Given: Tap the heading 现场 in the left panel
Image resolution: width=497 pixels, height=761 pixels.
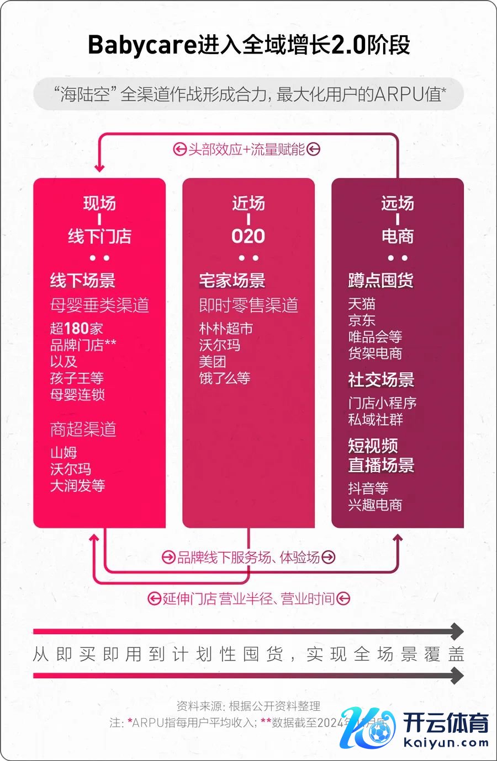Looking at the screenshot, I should pyautogui.click(x=99, y=203).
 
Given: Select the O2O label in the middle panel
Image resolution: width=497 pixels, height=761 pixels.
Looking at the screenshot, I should pyautogui.click(x=248, y=237).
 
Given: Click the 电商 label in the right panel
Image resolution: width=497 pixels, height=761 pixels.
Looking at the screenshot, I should pyautogui.click(x=398, y=237).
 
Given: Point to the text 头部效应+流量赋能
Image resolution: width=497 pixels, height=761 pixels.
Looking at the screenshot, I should pyautogui.click(x=246, y=149).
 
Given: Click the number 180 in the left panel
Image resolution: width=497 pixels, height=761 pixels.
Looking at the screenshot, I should pyautogui.click(x=77, y=329).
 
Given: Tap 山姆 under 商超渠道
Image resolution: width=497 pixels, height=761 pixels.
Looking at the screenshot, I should pyautogui.click(x=64, y=453).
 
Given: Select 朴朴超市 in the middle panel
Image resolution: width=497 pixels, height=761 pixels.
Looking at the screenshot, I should pyautogui.click(x=226, y=329).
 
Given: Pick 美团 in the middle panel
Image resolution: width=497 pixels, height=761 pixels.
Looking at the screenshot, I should pyautogui.click(x=213, y=362).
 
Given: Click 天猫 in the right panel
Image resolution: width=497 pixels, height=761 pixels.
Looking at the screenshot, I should pyautogui.click(x=362, y=304).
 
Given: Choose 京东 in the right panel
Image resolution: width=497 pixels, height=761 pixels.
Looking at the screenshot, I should pyautogui.click(x=362, y=320).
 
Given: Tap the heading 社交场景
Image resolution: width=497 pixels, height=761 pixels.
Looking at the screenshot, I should pyautogui.click(x=381, y=380).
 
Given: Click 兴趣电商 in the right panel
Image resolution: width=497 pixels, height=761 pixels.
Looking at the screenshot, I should pyautogui.click(x=375, y=505).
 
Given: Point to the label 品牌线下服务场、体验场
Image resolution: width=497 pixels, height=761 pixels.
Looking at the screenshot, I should pyautogui.click(x=248, y=558).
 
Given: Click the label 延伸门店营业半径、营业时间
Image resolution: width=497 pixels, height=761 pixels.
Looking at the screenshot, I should pyautogui.click(x=248, y=599).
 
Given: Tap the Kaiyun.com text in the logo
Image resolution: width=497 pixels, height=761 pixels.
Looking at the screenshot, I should pyautogui.click(x=446, y=742).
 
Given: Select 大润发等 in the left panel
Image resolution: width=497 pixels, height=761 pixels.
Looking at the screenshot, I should pyautogui.click(x=77, y=486).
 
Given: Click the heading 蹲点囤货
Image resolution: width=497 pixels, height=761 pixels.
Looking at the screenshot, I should pyautogui.click(x=381, y=280).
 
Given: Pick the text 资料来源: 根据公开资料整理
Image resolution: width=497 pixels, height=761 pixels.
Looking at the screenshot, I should pyautogui.click(x=248, y=706).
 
